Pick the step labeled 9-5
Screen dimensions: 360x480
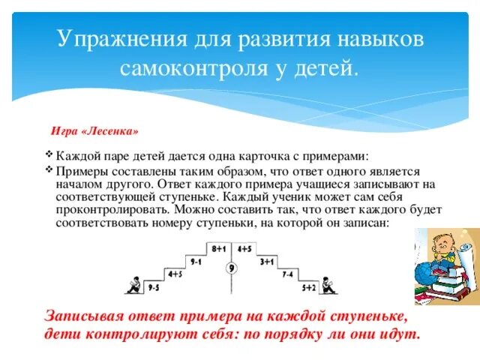(x=154, y=287)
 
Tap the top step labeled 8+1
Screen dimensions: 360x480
(x=219, y=248)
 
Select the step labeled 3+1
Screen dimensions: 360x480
(x=266, y=261)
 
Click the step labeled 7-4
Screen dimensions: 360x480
(x=287, y=274)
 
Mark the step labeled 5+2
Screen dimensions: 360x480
(x=309, y=287)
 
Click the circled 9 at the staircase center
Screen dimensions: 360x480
(x=232, y=268)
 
